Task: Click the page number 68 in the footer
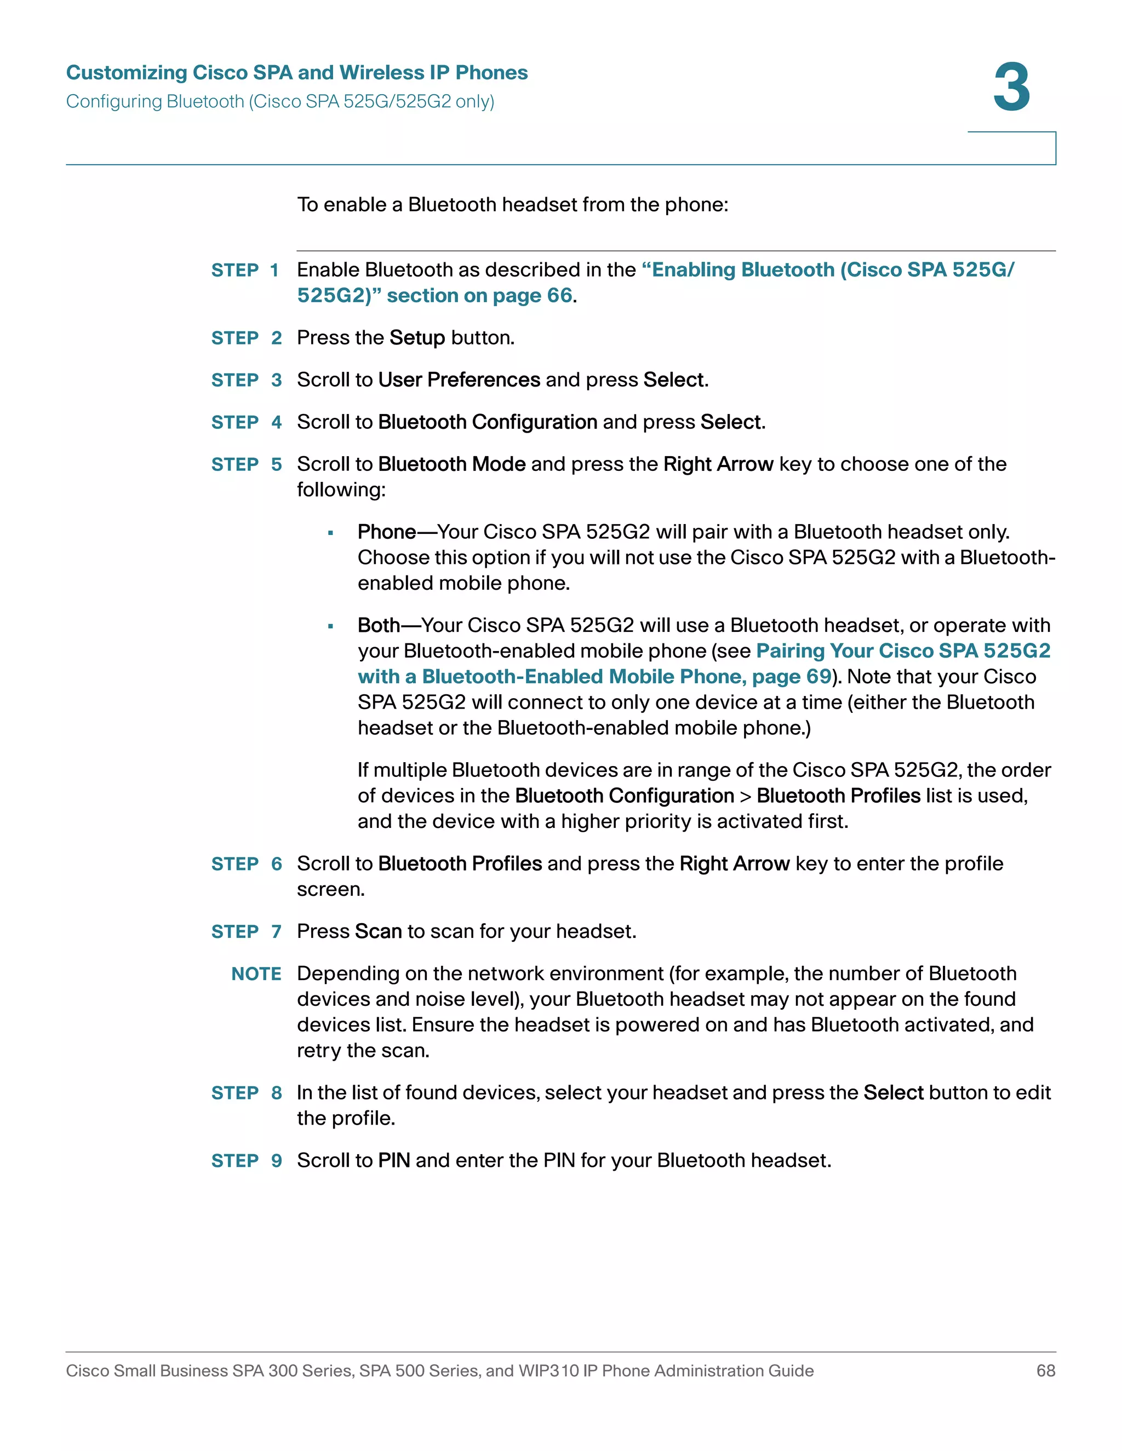tap(1045, 1371)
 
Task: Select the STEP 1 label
tap(244, 270)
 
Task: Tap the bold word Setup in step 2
tap(417, 338)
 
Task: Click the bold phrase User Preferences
tap(459, 380)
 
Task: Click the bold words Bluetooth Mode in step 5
tap(451, 464)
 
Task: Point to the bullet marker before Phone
tap(330, 533)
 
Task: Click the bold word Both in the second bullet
tap(378, 625)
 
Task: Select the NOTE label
tap(256, 974)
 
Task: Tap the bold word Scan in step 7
tap(377, 931)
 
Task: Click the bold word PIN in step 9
tap(393, 1161)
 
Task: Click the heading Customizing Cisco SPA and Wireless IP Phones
tap(296, 72)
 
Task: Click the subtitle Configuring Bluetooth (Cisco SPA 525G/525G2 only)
tap(280, 102)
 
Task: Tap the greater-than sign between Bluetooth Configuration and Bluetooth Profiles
tap(745, 797)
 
